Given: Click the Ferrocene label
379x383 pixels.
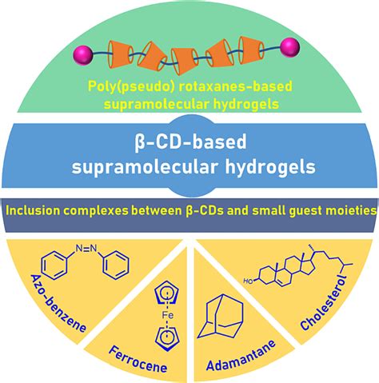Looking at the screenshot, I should (x=137, y=347).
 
